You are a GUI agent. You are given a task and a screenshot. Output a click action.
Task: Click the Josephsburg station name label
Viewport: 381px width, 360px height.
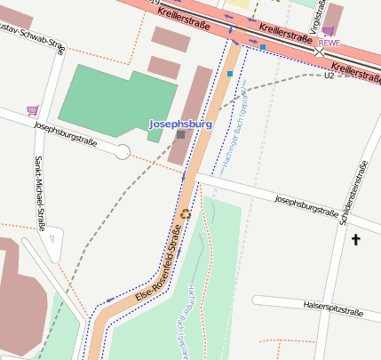(180, 124)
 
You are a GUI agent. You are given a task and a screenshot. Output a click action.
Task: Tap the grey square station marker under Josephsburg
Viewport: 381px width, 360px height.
(181, 135)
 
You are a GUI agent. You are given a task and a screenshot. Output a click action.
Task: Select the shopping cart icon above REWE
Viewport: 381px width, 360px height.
(328, 30)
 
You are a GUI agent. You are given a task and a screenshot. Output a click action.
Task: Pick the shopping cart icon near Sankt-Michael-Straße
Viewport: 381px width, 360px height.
(33, 110)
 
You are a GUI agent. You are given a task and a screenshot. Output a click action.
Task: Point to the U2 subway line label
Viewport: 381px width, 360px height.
(329, 76)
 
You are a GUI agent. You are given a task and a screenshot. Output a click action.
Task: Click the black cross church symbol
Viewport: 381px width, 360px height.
(357, 239)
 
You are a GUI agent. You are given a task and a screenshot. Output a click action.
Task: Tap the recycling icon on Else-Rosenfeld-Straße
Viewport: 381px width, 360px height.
(186, 213)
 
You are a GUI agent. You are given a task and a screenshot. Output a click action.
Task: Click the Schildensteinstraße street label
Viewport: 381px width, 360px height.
(353, 195)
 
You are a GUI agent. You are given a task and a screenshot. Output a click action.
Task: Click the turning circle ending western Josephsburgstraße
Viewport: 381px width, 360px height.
(123, 152)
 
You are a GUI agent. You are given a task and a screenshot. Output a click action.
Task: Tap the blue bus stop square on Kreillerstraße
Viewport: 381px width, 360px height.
(263, 46)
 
